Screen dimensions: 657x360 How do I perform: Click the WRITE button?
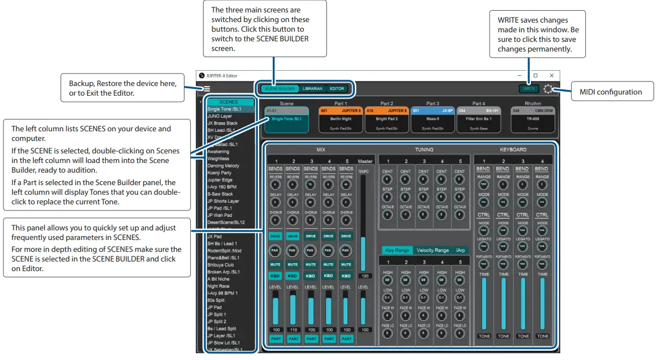(529, 89)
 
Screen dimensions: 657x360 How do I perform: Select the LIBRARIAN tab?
(312, 89)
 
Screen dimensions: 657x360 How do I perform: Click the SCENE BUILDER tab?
(280, 89)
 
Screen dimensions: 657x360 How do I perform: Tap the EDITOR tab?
(337, 89)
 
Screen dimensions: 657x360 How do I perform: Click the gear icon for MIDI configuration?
(548, 89)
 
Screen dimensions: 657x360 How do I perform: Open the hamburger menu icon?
(207, 89)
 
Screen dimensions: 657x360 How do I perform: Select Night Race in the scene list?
(218, 286)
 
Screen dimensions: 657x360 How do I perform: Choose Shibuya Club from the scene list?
(220, 265)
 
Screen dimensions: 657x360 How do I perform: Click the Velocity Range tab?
(432, 250)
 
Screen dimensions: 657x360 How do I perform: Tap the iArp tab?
(461, 250)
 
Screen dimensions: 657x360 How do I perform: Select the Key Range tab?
(397, 250)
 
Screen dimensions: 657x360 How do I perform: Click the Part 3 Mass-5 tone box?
(433, 119)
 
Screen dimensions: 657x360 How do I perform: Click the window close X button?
(552, 75)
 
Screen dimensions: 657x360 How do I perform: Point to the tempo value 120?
(365, 276)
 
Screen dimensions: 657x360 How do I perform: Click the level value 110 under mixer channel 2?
(293, 329)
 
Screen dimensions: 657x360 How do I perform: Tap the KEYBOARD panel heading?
(513, 150)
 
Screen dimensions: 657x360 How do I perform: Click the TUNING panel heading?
(424, 150)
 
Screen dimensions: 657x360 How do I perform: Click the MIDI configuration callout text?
(614, 92)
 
